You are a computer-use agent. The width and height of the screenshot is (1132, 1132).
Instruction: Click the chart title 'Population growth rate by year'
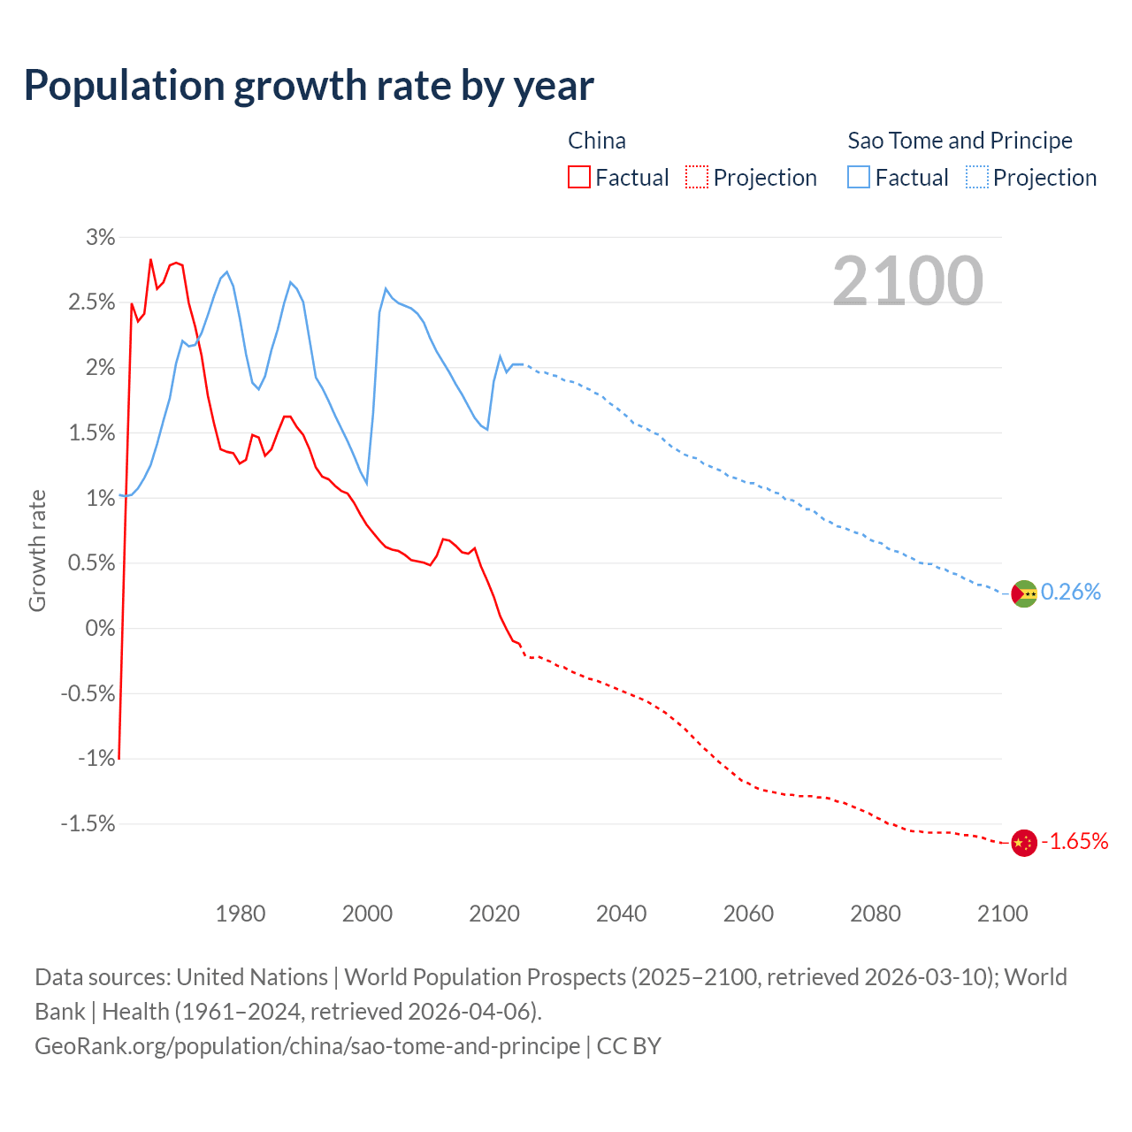click(309, 86)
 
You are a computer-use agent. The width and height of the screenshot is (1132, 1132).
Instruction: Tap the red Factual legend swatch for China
click(579, 177)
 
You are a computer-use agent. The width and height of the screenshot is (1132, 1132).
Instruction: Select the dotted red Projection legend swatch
click(697, 177)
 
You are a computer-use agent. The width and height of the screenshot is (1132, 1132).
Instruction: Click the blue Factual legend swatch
click(859, 177)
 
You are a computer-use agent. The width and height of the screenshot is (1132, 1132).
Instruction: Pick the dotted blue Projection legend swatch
click(977, 177)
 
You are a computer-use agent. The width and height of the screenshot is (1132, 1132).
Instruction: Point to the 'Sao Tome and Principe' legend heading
click(960, 141)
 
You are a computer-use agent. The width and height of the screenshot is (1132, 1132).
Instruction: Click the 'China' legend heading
click(597, 141)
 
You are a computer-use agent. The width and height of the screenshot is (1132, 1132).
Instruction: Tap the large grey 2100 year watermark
click(907, 281)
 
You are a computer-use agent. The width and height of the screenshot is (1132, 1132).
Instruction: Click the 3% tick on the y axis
click(100, 237)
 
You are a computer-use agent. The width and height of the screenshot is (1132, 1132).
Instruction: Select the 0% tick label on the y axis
click(100, 628)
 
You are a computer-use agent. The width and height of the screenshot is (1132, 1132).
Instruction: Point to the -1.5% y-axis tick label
click(88, 824)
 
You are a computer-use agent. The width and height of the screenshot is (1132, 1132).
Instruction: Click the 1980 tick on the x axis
click(241, 914)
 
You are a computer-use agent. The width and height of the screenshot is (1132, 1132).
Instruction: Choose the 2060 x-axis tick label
click(748, 914)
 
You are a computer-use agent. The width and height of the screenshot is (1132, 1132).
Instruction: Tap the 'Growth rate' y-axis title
click(37, 550)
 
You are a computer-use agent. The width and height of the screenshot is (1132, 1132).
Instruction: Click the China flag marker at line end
click(1023, 843)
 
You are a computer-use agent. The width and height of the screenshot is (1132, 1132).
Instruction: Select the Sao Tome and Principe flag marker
click(1023, 594)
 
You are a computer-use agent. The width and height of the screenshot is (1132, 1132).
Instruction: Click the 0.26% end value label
click(1071, 593)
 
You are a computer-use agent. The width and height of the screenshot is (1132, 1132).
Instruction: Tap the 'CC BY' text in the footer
click(629, 1046)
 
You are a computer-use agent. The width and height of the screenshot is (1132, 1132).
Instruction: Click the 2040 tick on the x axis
click(622, 914)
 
